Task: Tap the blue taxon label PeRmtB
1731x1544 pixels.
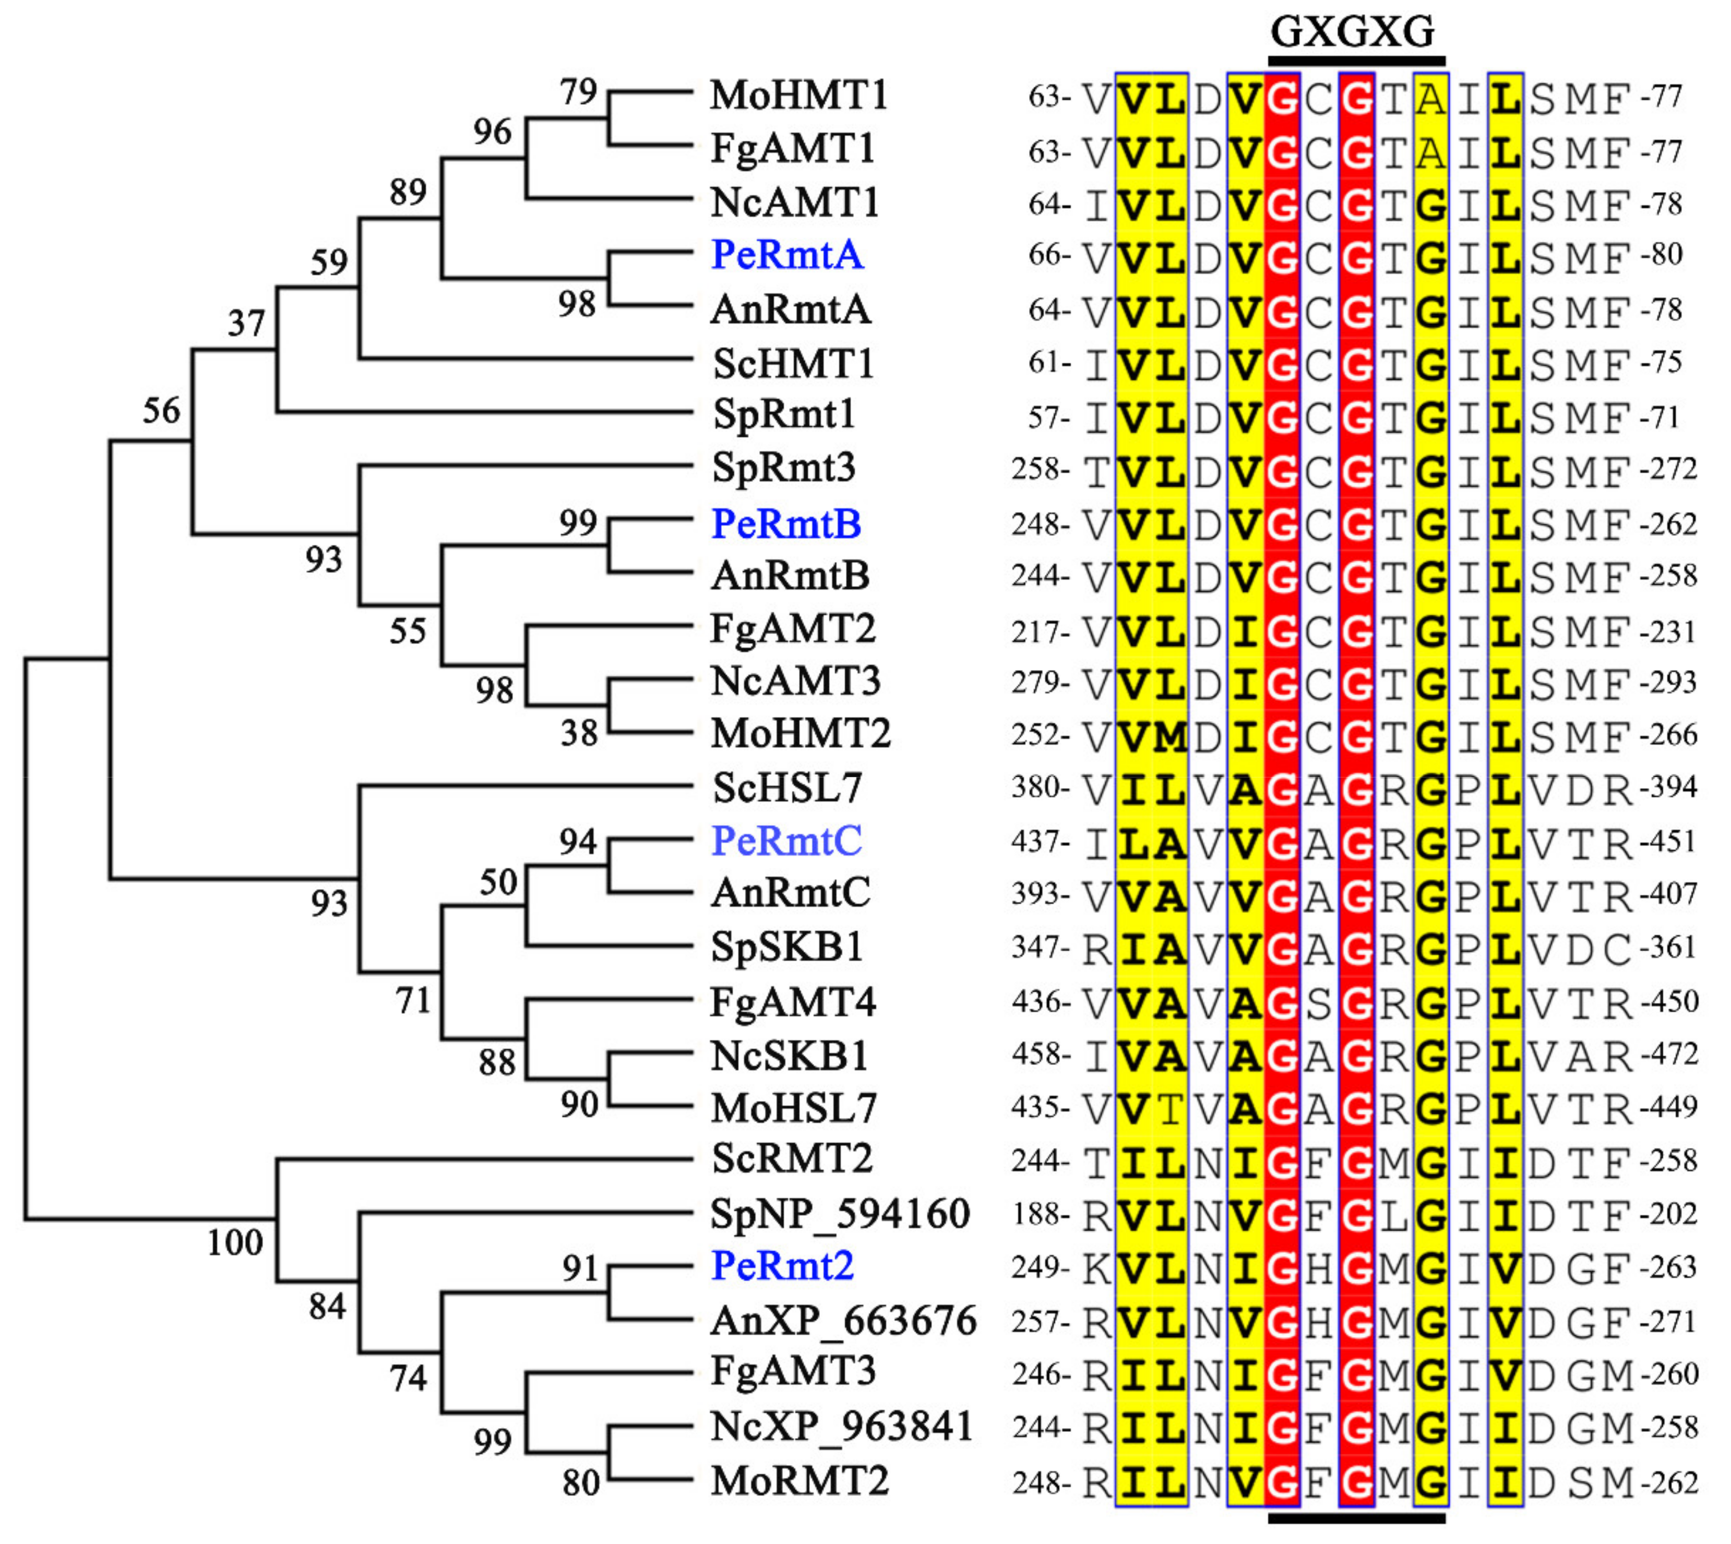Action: [786, 523]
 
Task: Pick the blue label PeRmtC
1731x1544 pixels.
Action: [786, 841]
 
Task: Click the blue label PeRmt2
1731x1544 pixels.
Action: [782, 1266]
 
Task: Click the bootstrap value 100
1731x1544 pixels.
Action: [235, 1243]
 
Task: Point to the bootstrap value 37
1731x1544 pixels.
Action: [246, 323]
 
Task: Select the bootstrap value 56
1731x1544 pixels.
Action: [161, 411]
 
